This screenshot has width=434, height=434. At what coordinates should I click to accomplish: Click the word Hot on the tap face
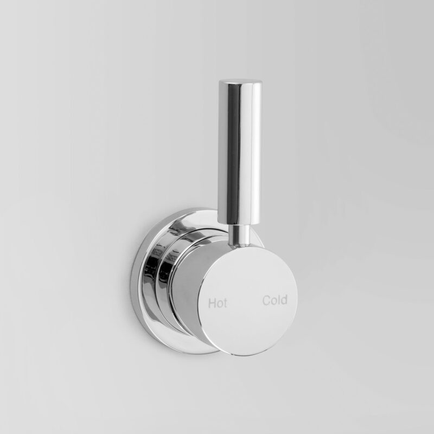(218, 303)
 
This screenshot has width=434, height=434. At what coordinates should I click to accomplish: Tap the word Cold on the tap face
(275, 300)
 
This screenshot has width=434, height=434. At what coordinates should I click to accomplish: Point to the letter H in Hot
(212, 303)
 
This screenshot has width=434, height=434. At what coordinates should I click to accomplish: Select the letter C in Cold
(266, 301)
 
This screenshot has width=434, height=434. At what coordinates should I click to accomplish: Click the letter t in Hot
(225, 303)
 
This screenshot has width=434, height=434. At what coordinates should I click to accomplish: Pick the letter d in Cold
(284, 300)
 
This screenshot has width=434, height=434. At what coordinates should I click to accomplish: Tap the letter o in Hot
(220, 304)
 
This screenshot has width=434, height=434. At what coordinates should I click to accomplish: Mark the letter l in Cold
(279, 300)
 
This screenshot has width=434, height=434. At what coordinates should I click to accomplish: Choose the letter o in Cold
(274, 301)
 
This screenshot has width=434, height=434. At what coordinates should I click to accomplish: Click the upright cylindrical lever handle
(240, 150)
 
